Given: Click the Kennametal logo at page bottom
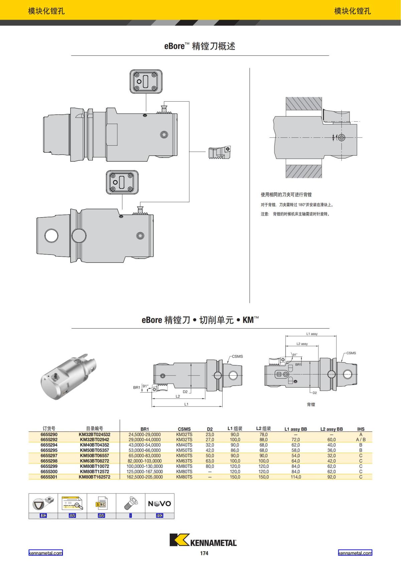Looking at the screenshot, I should [x=203, y=540].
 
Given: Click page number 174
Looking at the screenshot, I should [x=204, y=553].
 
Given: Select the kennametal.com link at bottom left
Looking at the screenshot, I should [x=45, y=553].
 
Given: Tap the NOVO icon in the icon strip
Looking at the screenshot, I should [x=159, y=504].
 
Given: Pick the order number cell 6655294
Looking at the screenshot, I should [x=49, y=445].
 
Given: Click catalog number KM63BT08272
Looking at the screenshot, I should [x=95, y=461].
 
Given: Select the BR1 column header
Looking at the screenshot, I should [x=144, y=429].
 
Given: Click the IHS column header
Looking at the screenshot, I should [x=361, y=429].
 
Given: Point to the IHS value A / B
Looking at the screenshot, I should [x=361, y=440].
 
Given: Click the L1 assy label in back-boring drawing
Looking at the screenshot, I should [x=312, y=334].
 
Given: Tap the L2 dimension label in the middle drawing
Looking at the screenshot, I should [x=178, y=396].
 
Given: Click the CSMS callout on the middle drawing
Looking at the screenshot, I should [x=237, y=357].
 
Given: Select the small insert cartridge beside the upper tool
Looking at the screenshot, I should [x=219, y=153].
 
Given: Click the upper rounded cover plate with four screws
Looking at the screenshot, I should [x=146, y=82].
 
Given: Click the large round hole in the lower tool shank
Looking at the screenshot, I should [x=52, y=236].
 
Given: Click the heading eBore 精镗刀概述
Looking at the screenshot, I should [x=199, y=46].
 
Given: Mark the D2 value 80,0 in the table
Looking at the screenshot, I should [x=210, y=466].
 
